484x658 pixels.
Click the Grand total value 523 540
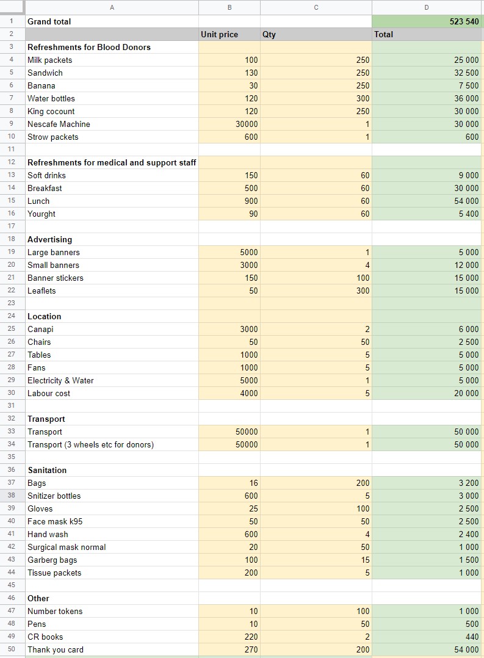pyautogui.click(x=464, y=21)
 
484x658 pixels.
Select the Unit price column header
pyautogui.click(x=219, y=34)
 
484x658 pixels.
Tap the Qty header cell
pyautogui.click(x=269, y=34)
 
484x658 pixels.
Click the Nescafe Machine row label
pyautogui.click(x=59, y=125)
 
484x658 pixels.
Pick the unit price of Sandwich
pyautogui.click(x=251, y=73)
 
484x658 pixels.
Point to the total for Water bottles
pyautogui.click(x=466, y=98)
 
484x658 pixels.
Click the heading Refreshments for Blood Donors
pyautogui.click(x=89, y=47)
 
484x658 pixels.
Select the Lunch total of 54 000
pyautogui.click(x=466, y=201)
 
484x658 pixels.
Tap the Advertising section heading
pyautogui.click(x=49, y=240)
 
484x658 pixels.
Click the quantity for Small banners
pyautogui.click(x=367, y=265)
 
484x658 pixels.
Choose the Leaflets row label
pyautogui.click(x=42, y=291)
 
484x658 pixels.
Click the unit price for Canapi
pyautogui.click(x=249, y=330)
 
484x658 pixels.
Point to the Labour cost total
pyautogui.click(x=466, y=393)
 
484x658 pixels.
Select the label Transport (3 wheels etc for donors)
pyautogui.click(x=91, y=444)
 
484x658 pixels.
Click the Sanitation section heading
pyautogui.click(x=47, y=471)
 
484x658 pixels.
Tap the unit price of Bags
pyautogui.click(x=253, y=483)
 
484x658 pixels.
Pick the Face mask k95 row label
pyautogui.click(x=55, y=522)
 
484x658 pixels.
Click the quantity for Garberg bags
pyautogui.click(x=365, y=560)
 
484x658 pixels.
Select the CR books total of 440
pyautogui.click(x=472, y=637)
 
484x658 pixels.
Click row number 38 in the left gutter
pyautogui.click(x=12, y=496)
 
